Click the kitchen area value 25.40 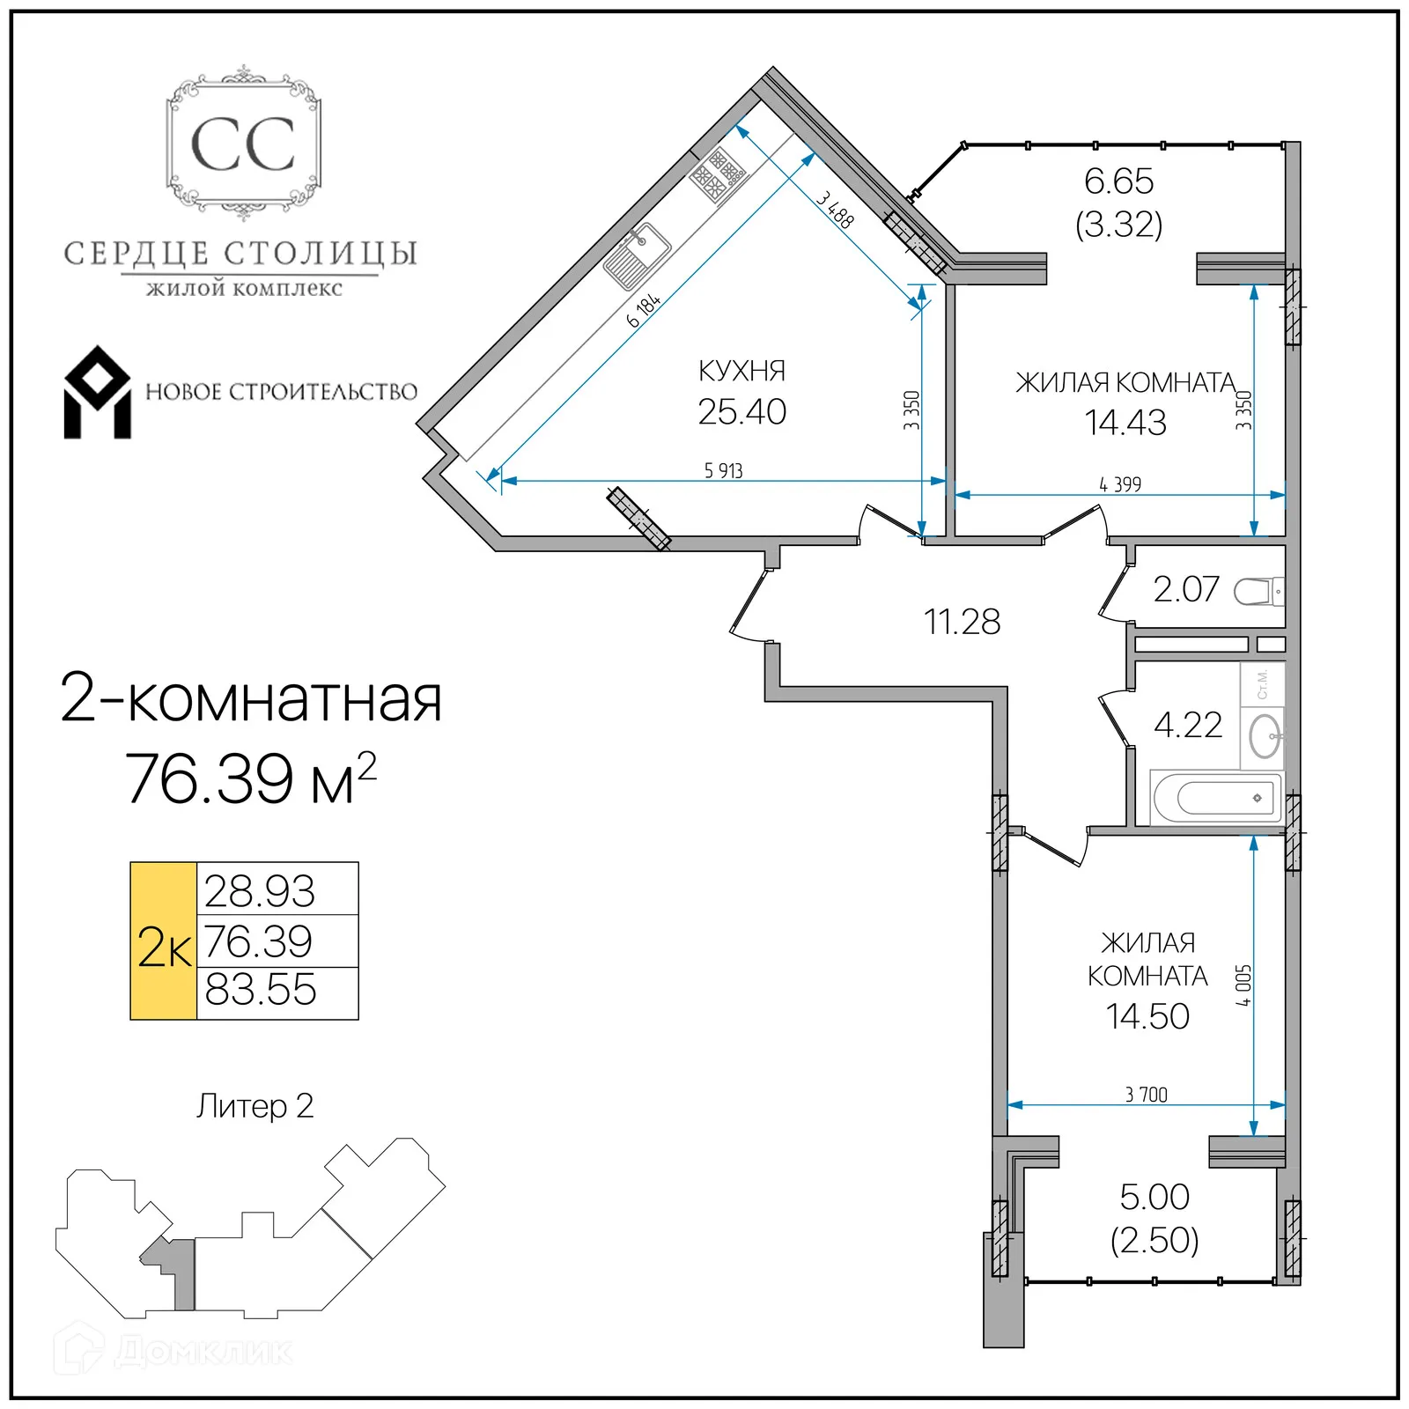741,412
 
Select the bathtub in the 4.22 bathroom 1218,798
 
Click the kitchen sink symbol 637,256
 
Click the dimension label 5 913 723,471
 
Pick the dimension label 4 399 1119,484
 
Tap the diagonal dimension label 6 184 644,311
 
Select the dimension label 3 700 1146,1095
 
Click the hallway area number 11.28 962,622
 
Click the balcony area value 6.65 1118,181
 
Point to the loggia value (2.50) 1154,1240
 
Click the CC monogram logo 243,144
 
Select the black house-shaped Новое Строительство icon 97,393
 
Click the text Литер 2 255,1106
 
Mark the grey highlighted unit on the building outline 181,1273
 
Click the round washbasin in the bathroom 1265,735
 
